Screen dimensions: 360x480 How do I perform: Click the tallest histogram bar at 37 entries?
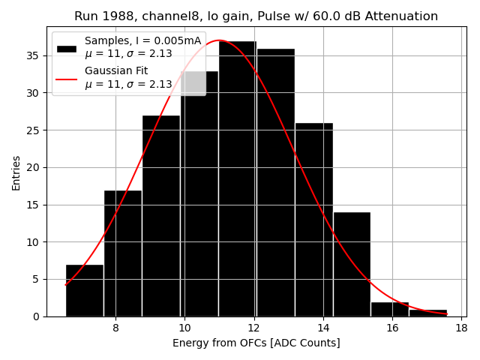237,180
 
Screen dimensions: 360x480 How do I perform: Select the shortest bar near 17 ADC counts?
427,313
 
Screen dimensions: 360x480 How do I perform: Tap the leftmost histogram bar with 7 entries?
85,291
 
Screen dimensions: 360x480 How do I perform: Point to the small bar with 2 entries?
390,309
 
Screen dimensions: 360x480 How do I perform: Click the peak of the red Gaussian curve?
219,40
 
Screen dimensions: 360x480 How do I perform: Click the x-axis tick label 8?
115,328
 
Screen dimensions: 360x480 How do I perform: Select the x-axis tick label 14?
322,328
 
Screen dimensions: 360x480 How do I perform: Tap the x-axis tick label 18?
460,328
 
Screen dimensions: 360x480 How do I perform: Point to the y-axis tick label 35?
33,55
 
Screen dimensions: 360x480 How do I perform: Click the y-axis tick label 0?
36,316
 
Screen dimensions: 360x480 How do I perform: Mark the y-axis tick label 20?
33,167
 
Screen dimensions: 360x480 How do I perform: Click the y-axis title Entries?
16,172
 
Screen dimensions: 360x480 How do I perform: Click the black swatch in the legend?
67,48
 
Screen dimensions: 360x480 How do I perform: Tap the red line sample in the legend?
67,78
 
